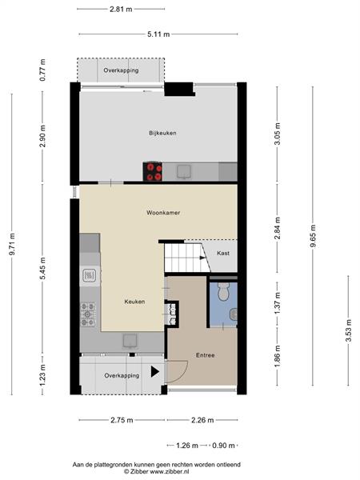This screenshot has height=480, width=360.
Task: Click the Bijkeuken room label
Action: [162, 133]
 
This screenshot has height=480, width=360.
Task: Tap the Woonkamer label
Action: [163, 213]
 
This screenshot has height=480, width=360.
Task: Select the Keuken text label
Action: [134, 302]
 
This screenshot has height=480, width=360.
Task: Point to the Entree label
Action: [205, 355]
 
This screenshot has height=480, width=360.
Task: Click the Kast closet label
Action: [223, 253]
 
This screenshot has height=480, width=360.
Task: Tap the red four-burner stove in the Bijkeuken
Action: [153, 171]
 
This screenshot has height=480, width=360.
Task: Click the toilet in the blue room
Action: [224, 291]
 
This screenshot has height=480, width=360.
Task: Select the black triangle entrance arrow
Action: [155, 372]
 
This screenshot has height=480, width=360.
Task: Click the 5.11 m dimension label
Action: [158, 34]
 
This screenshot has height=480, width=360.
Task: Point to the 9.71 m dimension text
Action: [12, 244]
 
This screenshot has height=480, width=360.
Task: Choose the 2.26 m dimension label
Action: [202, 420]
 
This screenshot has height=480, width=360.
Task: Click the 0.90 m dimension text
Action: [223, 446]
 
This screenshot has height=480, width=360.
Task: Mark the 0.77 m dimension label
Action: [42, 70]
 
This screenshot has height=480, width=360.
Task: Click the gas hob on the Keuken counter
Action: [88, 314]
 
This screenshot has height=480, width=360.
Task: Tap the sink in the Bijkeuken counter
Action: [184, 171]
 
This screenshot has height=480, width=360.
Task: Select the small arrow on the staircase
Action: [202, 258]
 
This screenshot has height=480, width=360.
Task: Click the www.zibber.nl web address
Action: [170, 471]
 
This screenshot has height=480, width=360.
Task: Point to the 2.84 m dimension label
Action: [278, 228]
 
